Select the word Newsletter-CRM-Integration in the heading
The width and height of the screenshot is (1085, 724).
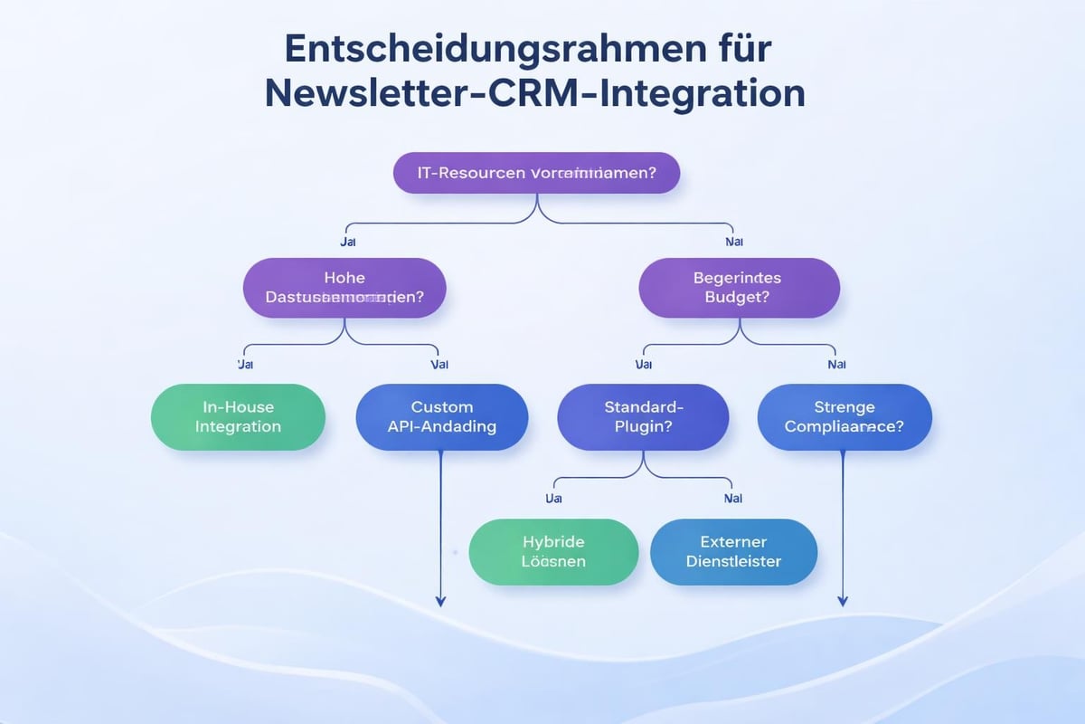point(534,93)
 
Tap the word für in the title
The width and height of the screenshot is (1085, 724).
point(741,50)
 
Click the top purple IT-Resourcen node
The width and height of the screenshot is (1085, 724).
point(537,172)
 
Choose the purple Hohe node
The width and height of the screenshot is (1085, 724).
point(344,288)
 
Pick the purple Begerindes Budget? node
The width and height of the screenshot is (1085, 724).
point(739,288)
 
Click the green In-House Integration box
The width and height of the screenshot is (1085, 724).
point(238,416)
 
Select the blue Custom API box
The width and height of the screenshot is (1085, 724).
point(441,416)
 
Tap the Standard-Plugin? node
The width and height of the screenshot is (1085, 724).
point(643,416)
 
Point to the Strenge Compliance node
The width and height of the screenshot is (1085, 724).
point(844,416)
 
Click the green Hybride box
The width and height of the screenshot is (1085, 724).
point(553,550)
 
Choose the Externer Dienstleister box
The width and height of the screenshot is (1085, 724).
point(733,550)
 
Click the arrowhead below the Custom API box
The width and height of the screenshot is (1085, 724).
point(440,600)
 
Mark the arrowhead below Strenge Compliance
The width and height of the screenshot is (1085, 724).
point(843,600)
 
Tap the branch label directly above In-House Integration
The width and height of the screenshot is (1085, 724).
point(245,365)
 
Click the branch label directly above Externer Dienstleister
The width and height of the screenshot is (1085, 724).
point(733,499)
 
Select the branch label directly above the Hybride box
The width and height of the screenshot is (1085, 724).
point(554,499)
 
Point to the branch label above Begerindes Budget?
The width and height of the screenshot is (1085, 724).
point(734,243)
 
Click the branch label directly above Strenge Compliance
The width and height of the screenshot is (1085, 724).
point(836,365)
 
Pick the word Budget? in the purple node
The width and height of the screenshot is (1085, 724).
point(739,299)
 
